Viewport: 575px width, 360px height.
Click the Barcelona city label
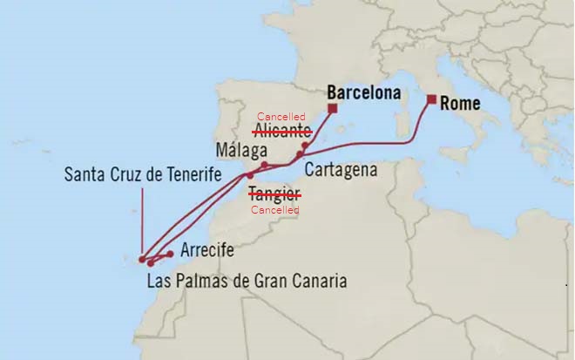pyautogui.click(x=363, y=92)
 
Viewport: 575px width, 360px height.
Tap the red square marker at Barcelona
pyautogui.click(x=332, y=108)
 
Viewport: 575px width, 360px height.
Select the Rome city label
pyautogui.click(x=460, y=103)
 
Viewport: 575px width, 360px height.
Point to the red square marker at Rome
pyautogui.click(x=431, y=99)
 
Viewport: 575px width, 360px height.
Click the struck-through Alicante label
pyautogui.click(x=282, y=131)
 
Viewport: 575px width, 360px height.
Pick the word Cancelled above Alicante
pyautogui.click(x=281, y=117)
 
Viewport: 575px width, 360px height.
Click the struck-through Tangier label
pyautogui.click(x=274, y=195)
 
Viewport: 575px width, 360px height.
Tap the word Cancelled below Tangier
pyautogui.click(x=274, y=210)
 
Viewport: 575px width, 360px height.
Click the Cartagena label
pyautogui.click(x=341, y=169)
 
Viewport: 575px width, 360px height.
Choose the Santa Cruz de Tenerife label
pyautogui.click(x=143, y=174)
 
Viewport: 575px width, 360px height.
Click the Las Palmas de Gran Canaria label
pyautogui.click(x=247, y=282)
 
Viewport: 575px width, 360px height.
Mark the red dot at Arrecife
pyautogui.click(x=170, y=254)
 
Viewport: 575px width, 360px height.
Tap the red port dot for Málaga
pyautogui.click(x=264, y=164)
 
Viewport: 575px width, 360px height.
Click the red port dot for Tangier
pyautogui.click(x=249, y=175)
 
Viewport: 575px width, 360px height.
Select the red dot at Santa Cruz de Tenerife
pyautogui.click(x=142, y=258)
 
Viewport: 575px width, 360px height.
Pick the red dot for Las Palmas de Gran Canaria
pyautogui.click(x=152, y=262)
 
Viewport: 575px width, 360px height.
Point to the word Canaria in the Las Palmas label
pyautogui.click(x=321, y=282)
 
